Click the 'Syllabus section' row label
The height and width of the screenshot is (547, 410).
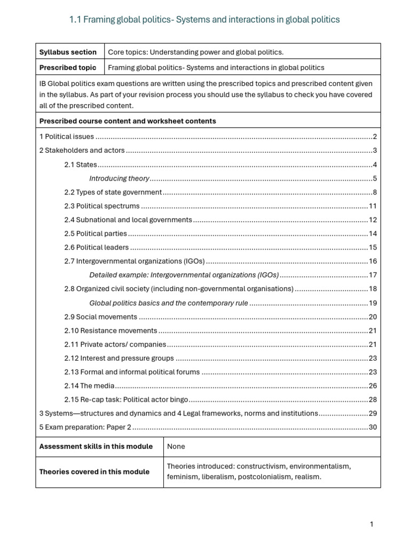pyautogui.click(x=68, y=52)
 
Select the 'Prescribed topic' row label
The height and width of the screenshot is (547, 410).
pyautogui.click(x=68, y=67)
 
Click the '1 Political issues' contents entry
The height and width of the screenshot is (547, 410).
pyautogui.click(x=67, y=137)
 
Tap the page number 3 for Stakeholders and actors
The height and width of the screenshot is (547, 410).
pyautogui.click(x=375, y=151)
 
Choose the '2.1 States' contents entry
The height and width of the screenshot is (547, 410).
pyautogui.click(x=81, y=165)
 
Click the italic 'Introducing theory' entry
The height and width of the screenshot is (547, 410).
pyautogui.click(x=119, y=178)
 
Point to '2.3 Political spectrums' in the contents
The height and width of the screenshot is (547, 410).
pyautogui.click(x=102, y=206)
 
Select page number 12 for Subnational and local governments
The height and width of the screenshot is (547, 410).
pyautogui.click(x=373, y=220)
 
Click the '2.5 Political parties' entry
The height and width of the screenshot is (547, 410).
pyautogui.click(x=96, y=234)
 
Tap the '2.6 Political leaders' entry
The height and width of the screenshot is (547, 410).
pyautogui.click(x=97, y=248)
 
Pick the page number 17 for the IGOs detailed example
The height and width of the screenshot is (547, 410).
pyautogui.click(x=373, y=276)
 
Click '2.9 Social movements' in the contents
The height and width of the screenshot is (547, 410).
pyautogui.click(x=101, y=317)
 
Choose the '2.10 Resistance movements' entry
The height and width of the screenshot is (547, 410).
pyautogui.click(x=111, y=331)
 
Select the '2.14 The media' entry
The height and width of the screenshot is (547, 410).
pyautogui.click(x=89, y=386)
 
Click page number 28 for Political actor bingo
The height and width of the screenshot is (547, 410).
pyautogui.click(x=373, y=400)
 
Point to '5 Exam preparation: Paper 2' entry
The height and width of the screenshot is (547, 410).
pyautogui.click(x=85, y=427)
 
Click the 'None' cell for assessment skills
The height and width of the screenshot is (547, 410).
pyautogui.click(x=176, y=447)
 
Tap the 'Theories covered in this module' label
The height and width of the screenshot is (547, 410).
pyautogui.click(x=94, y=472)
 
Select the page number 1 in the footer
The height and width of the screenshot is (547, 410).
pyautogui.click(x=372, y=525)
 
